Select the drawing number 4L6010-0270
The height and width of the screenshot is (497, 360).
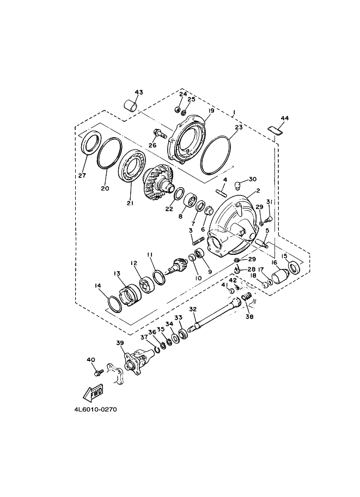click(95, 409)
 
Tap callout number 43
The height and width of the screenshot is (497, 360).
click(139, 92)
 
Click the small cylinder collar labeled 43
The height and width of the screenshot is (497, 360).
click(131, 105)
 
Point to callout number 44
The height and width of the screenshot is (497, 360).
click(284, 118)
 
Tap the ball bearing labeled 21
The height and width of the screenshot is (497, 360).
click(132, 167)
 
